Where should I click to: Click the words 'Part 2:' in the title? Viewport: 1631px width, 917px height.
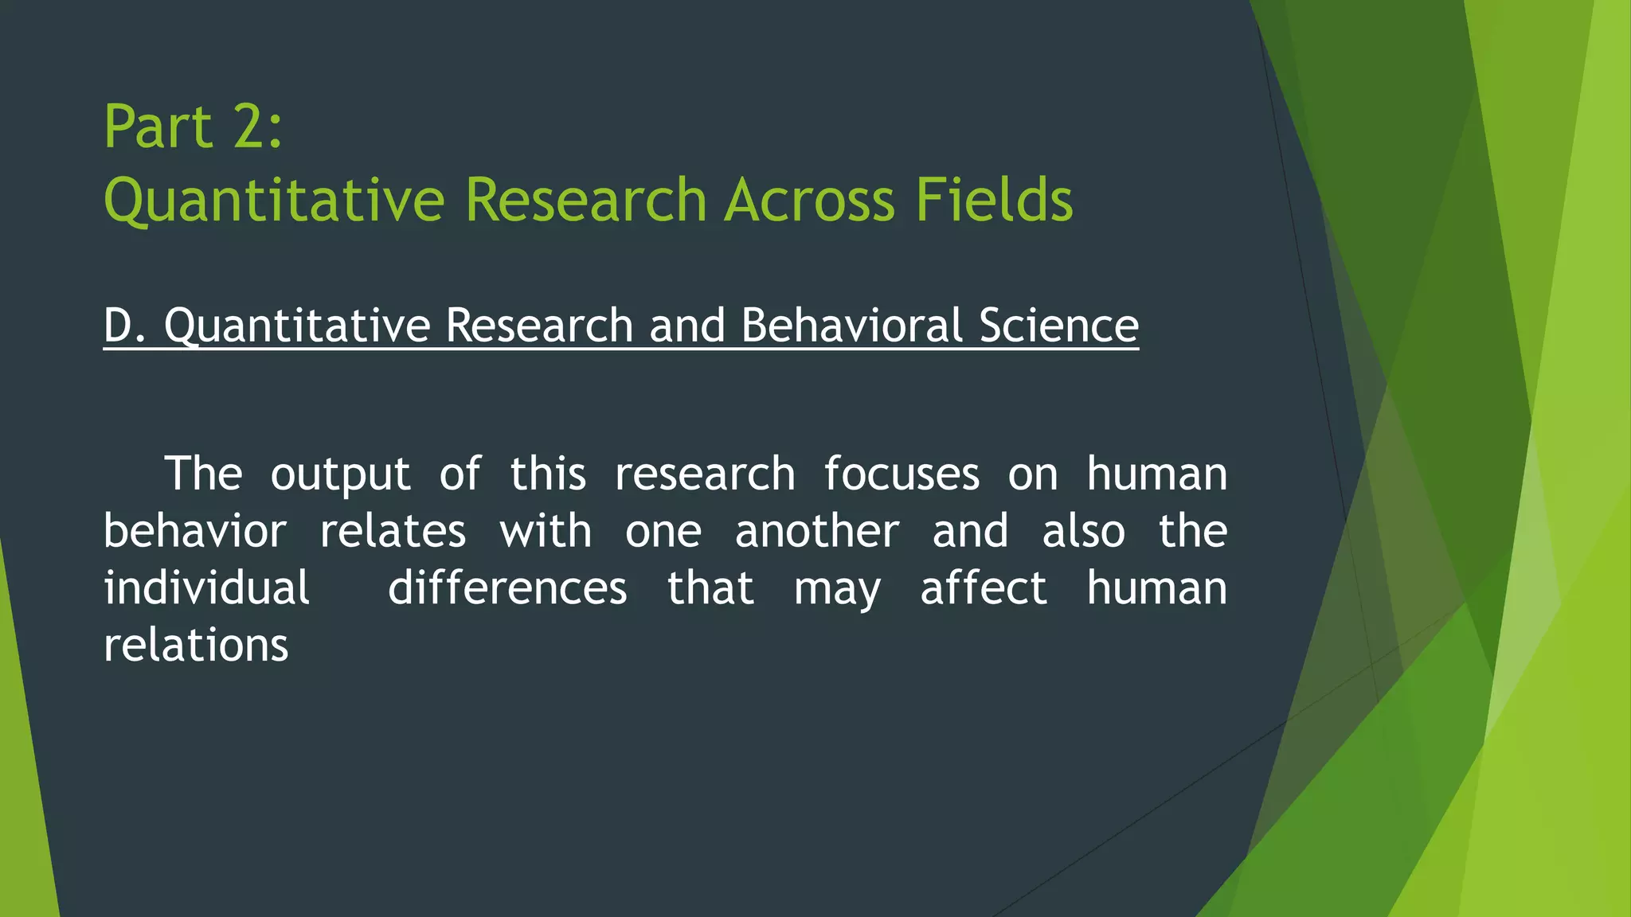[x=193, y=127]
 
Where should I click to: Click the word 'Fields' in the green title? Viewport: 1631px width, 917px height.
[x=993, y=200]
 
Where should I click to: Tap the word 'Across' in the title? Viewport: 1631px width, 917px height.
[x=809, y=200]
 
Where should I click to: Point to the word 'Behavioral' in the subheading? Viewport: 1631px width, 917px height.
[x=851, y=326]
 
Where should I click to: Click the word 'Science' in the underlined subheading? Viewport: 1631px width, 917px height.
[x=1058, y=326]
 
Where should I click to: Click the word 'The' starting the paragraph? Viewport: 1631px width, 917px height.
[x=203, y=474]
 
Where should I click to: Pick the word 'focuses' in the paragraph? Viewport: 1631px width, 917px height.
[x=901, y=474]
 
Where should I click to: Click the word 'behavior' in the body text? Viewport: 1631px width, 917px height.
[x=194, y=532]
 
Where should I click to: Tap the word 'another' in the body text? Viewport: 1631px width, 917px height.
[x=817, y=532]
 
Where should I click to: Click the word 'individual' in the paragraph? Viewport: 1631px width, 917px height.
[x=206, y=589]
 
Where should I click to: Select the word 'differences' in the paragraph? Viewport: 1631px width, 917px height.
[x=507, y=589]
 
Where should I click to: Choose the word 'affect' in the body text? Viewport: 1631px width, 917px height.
[x=984, y=589]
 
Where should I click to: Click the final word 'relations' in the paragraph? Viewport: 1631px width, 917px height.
[x=196, y=646]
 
